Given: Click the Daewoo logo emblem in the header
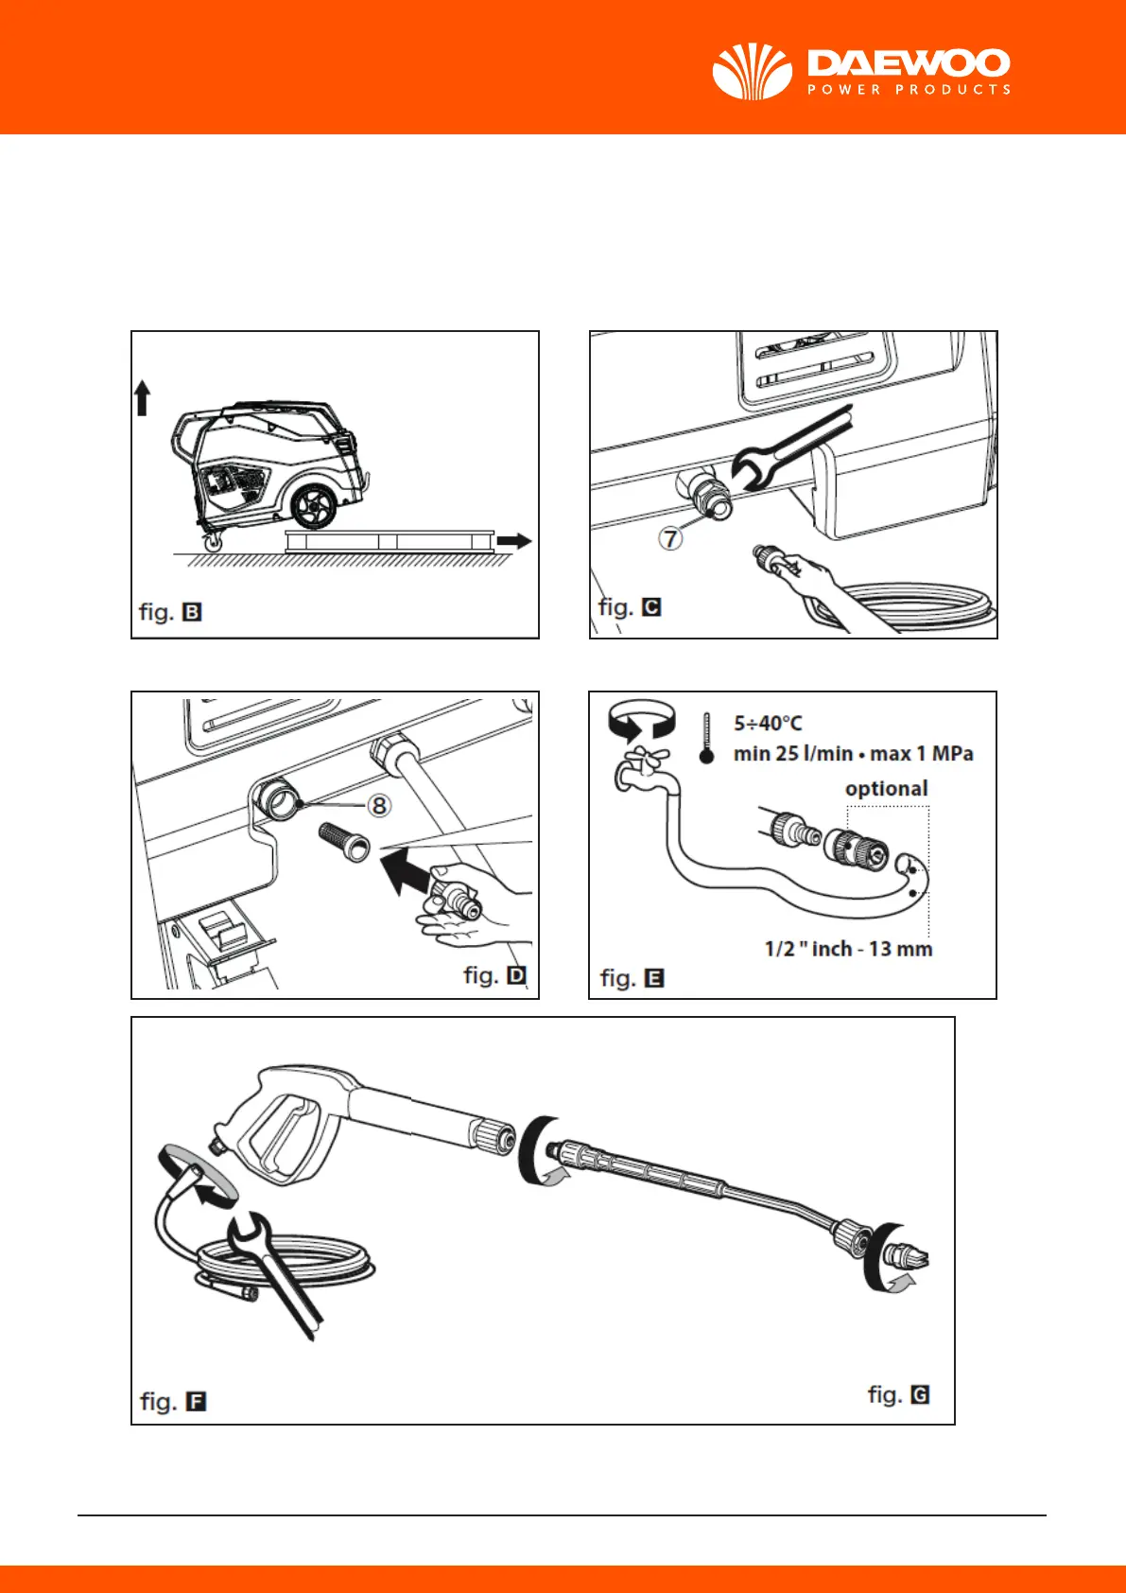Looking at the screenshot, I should tap(752, 72).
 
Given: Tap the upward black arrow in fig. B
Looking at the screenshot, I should tap(143, 397).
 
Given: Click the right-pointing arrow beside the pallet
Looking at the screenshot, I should tap(513, 541).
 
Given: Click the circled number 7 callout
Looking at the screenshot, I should tap(670, 538).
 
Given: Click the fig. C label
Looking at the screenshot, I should tap(630, 606).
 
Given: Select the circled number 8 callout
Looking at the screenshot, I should tap(378, 805).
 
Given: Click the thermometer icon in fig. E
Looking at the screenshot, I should tap(706, 738).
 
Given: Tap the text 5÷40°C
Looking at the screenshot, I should tap(768, 724).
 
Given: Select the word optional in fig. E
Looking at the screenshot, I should tap(886, 788).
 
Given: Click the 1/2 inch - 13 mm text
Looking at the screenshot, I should tap(848, 949).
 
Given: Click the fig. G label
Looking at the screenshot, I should tap(898, 1394).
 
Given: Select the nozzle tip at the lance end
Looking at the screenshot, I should tap(910, 1258).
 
